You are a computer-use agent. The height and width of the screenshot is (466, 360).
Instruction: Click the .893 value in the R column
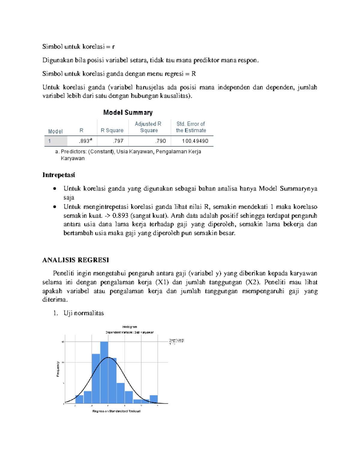85,141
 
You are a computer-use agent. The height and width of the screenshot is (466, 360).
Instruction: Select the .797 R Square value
118,141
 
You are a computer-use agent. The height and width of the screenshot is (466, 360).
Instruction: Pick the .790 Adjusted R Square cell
161,141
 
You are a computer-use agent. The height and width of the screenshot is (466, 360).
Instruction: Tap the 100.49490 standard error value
195,141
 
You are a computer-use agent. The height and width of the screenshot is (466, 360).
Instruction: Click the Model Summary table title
128,113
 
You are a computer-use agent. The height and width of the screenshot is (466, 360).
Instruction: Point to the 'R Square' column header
112,130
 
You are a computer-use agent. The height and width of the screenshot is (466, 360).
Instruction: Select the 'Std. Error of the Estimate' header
191,127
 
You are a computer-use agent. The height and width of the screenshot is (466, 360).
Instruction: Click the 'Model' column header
55,131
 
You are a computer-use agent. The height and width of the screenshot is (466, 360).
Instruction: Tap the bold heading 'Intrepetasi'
58,175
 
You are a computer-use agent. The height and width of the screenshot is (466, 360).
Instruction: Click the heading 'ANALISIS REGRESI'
75,260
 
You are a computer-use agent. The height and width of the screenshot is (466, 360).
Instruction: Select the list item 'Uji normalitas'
84,313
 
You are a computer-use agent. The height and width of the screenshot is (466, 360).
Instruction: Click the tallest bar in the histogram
104,372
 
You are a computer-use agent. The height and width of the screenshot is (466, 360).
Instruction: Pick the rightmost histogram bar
154,399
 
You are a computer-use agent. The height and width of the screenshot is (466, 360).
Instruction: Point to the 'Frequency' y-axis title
58,369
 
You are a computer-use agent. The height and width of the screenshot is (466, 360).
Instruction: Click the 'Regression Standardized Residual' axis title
116,411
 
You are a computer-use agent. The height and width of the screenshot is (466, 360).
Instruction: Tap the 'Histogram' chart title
130,327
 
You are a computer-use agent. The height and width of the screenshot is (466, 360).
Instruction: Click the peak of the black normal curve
108,357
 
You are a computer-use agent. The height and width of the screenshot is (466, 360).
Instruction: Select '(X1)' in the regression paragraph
162,282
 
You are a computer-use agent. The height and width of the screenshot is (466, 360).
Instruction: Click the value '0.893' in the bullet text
120,215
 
